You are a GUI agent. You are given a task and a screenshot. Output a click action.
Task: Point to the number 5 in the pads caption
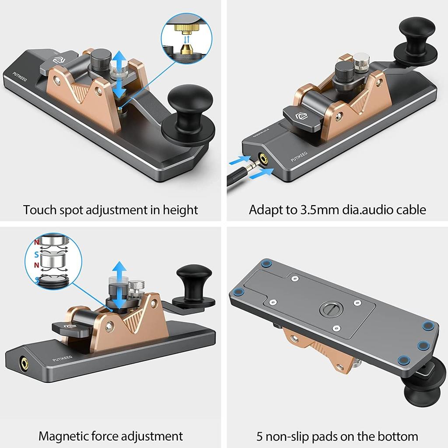pos(261,436)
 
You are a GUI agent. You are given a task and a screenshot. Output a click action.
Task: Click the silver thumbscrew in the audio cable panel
pos(361,62)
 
